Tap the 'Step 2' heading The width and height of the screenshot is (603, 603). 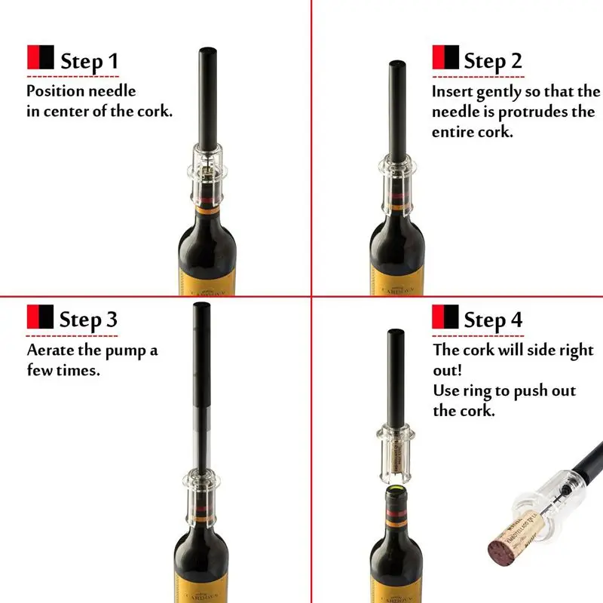pos(492,60)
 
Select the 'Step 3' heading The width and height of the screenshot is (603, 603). pos(88,319)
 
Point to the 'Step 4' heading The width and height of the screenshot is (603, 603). pos(492,319)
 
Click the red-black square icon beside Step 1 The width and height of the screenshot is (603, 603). pos(40,58)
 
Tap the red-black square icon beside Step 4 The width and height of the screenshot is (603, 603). pos(445,317)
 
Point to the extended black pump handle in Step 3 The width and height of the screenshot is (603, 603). pos(201,377)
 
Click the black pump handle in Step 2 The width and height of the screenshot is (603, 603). pos(399,113)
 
